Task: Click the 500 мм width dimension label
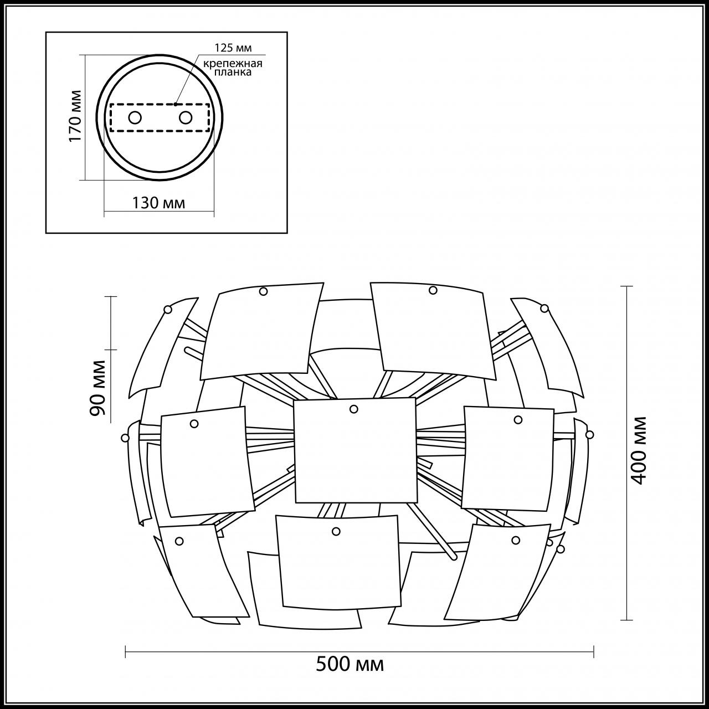click(350, 664)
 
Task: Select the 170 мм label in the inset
click(75, 115)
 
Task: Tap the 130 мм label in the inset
click(158, 203)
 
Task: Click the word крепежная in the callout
click(232, 63)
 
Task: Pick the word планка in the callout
click(232, 72)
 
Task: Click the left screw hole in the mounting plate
click(135, 117)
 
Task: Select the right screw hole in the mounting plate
click(186, 117)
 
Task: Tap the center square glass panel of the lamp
click(354, 450)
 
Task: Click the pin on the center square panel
click(354, 409)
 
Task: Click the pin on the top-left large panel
click(264, 291)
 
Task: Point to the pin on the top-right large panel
click(433, 290)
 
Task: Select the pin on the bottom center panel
click(336, 531)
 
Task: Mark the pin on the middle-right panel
click(518, 420)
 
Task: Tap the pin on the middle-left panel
click(194, 424)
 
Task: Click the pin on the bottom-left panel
click(179, 541)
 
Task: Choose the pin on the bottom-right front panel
click(516, 540)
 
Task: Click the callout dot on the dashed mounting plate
click(175, 104)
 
